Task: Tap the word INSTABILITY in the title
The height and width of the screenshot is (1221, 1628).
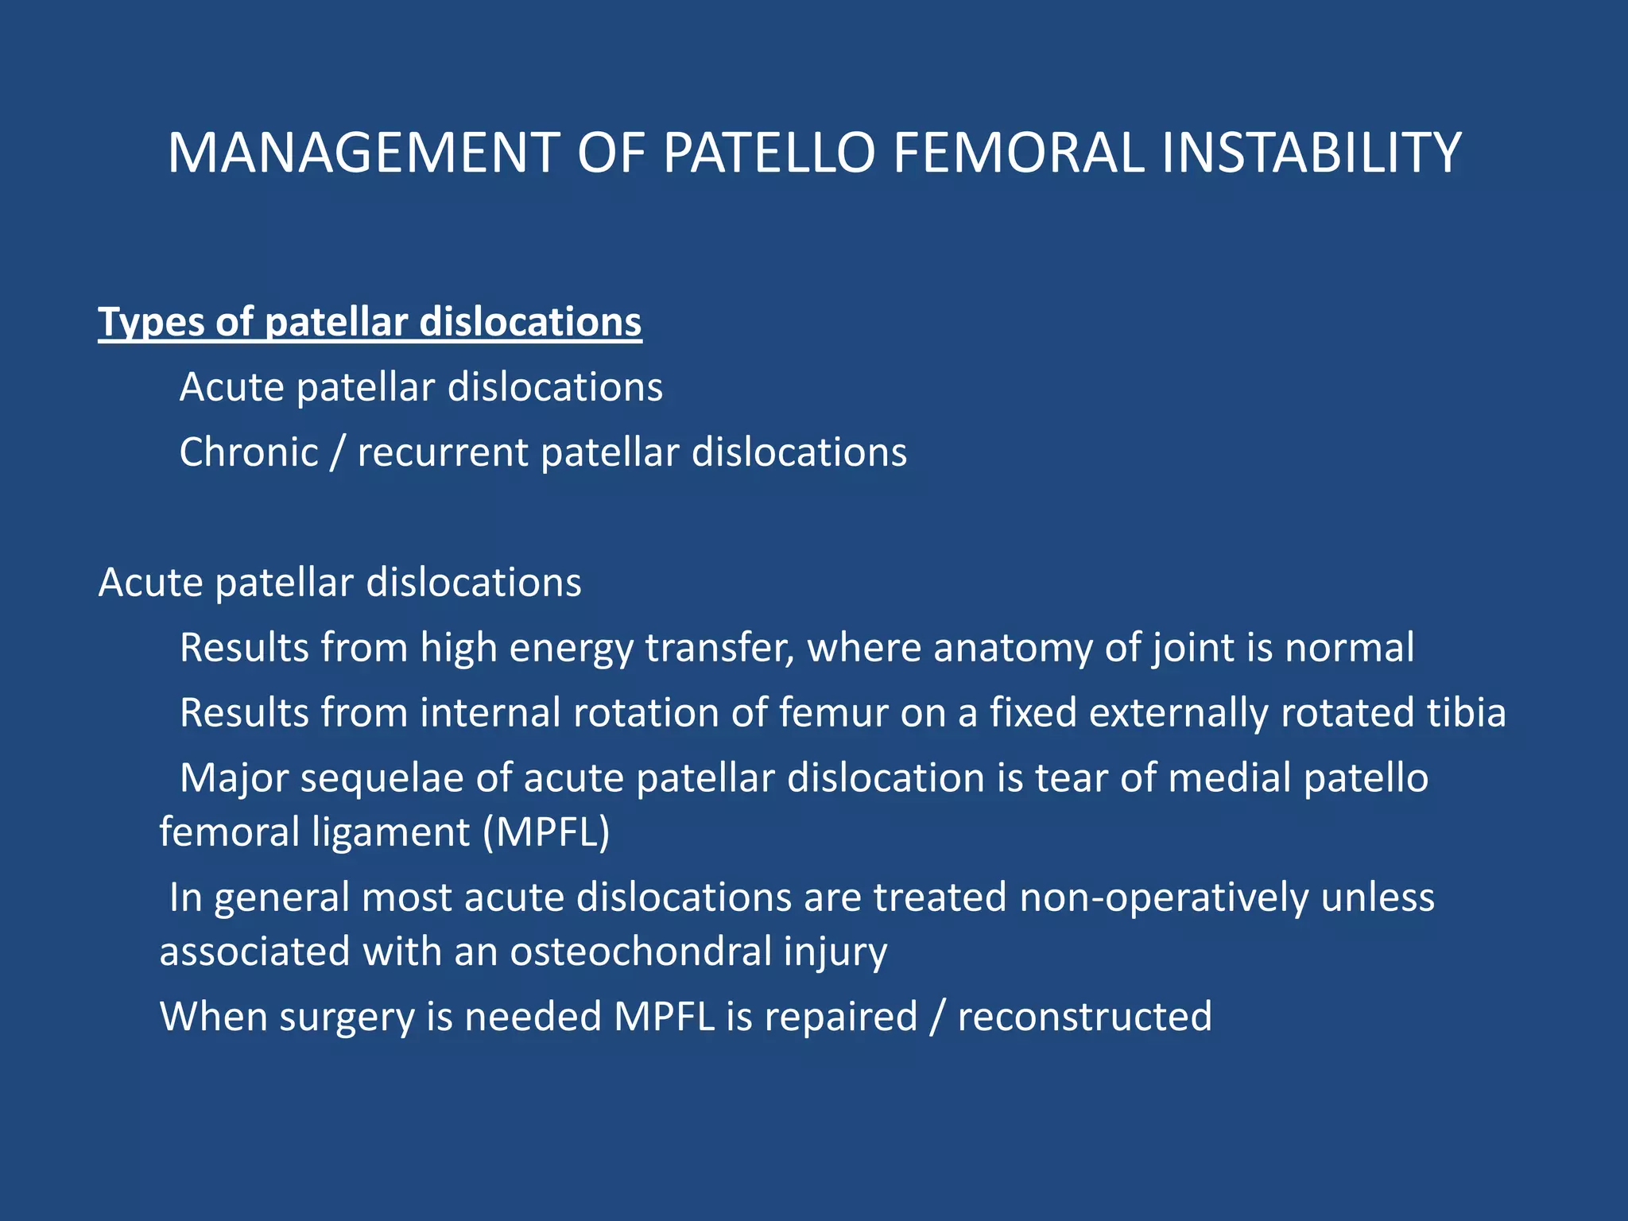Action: coord(1311,153)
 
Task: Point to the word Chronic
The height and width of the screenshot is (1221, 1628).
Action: coord(249,453)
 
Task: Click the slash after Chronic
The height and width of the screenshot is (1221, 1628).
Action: coord(338,453)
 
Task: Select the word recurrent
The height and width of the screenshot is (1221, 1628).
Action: coord(443,453)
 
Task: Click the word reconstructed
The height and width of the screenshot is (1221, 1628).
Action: coord(1084,1017)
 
